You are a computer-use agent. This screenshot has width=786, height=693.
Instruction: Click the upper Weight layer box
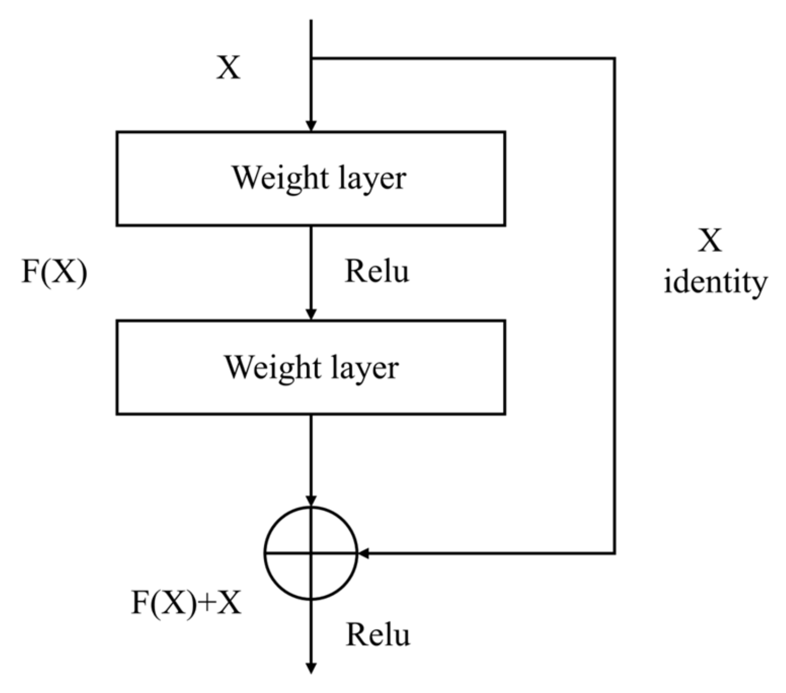click(311, 179)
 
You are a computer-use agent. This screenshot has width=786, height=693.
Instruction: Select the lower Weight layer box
click(311, 367)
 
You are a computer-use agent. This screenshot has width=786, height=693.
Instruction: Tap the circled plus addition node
click(311, 553)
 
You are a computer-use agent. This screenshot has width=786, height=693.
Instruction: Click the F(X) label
click(54, 272)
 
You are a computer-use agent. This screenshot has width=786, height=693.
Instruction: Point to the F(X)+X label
click(186, 603)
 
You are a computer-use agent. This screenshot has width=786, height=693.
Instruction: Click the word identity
click(715, 282)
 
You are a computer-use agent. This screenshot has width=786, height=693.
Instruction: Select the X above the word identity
click(710, 240)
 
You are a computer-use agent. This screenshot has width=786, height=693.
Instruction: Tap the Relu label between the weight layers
click(377, 271)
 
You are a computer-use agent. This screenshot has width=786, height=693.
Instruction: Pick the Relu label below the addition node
click(377, 635)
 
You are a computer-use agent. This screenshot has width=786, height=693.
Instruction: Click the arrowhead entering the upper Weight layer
click(311, 125)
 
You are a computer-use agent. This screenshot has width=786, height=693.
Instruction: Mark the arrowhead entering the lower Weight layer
click(311, 314)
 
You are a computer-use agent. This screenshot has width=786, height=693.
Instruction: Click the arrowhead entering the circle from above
click(311, 501)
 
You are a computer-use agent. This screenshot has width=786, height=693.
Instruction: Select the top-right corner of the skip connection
click(614, 58)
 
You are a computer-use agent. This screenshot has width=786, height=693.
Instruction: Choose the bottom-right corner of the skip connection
click(614, 553)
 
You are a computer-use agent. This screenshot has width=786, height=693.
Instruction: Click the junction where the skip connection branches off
click(311, 58)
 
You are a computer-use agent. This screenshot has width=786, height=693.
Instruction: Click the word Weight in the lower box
click(272, 367)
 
